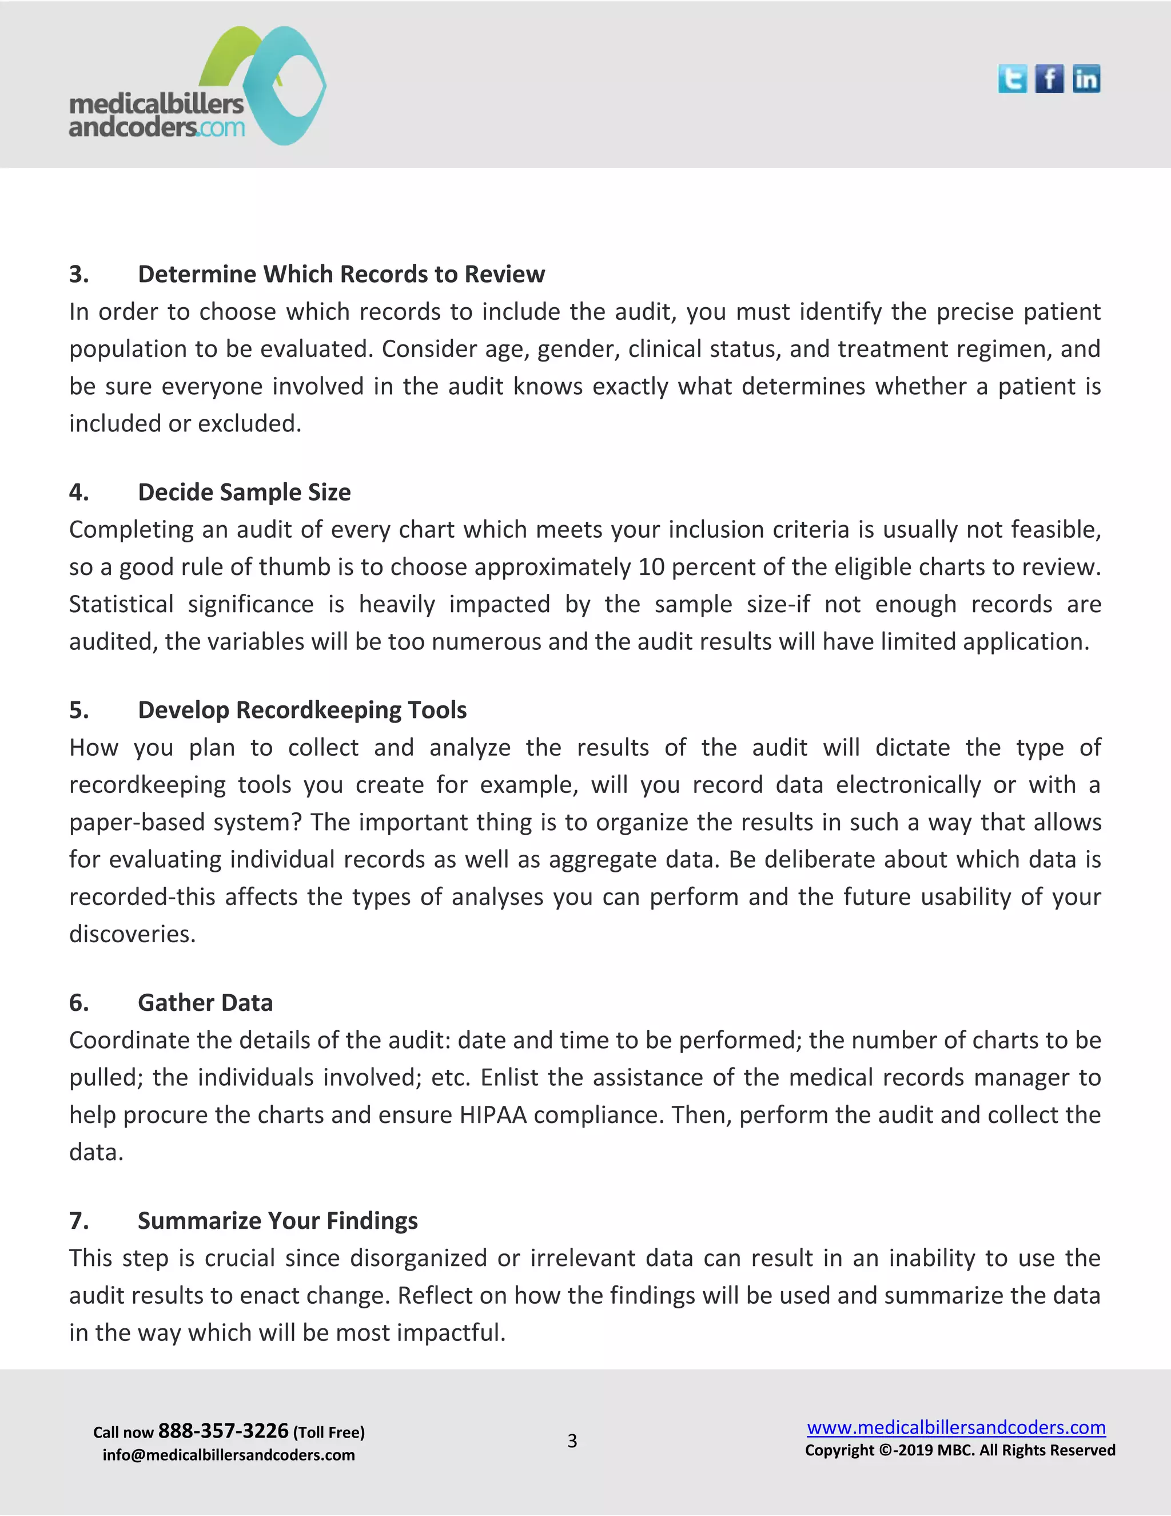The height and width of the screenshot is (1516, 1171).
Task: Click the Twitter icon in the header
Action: coord(1012,79)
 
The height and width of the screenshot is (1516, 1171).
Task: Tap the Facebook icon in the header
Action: coord(1049,79)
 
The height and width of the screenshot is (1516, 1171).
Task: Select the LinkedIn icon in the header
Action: coord(1086,79)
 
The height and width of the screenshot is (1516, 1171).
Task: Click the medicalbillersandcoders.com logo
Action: coord(198,87)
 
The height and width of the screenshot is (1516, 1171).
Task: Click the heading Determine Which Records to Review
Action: coord(341,274)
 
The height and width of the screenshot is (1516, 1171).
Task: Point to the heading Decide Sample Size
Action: coord(244,492)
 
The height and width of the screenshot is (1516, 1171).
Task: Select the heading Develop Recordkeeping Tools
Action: coord(302,710)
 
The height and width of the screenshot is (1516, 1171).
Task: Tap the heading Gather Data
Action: coord(205,1003)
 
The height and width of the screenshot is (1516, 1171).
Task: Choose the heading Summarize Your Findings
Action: coord(277,1221)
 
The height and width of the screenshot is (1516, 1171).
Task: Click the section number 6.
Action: coord(78,1003)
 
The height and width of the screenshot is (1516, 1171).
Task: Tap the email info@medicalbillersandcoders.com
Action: coord(228,1455)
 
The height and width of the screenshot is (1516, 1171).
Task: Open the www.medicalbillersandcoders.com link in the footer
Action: coord(956,1427)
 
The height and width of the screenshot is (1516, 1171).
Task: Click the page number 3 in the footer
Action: coord(572,1441)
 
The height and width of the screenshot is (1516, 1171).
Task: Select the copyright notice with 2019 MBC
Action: coord(960,1451)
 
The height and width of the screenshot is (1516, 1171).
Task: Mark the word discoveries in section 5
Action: coord(132,934)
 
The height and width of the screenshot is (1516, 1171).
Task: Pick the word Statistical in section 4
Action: coord(121,605)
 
